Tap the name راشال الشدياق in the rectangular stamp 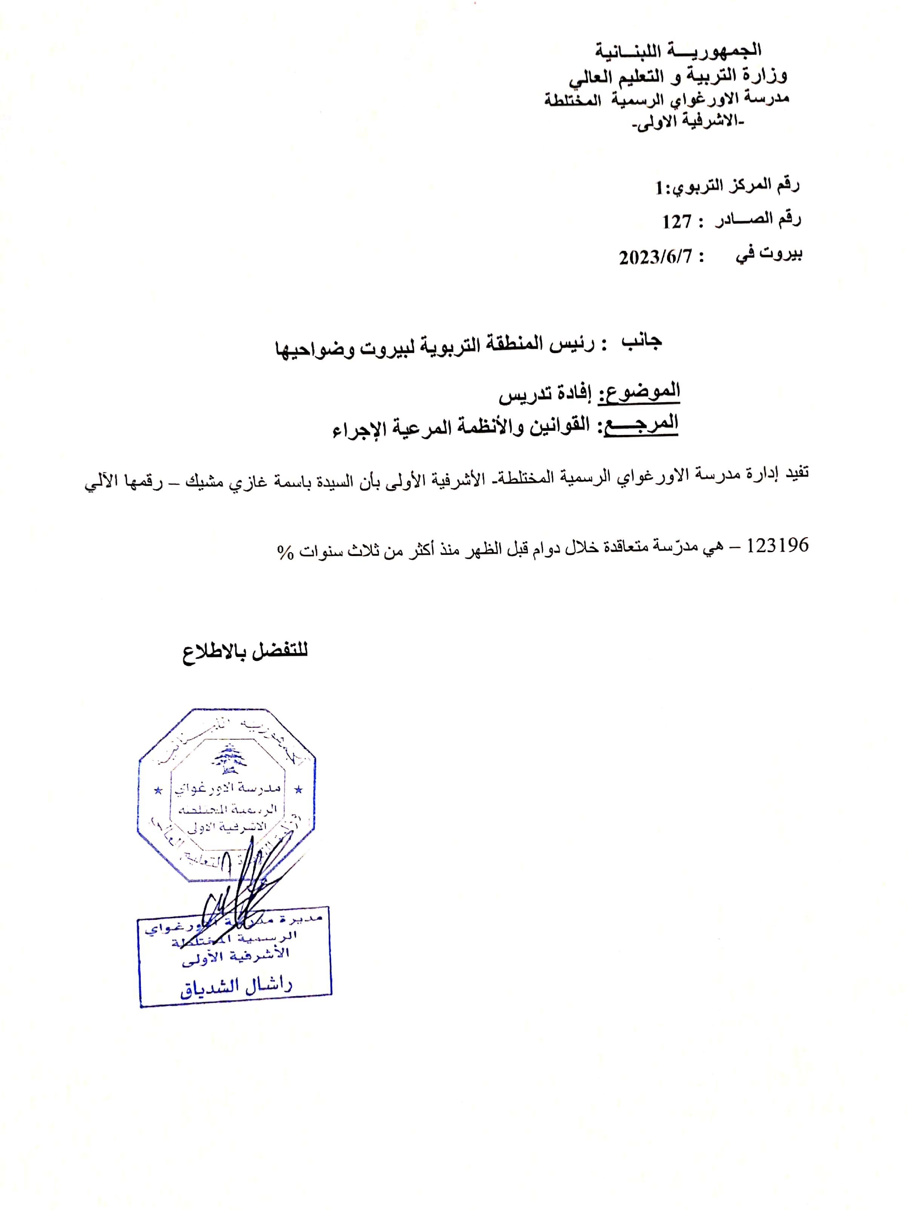click(x=236, y=985)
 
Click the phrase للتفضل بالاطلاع click(x=245, y=651)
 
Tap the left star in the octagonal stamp click(x=158, y=791)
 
